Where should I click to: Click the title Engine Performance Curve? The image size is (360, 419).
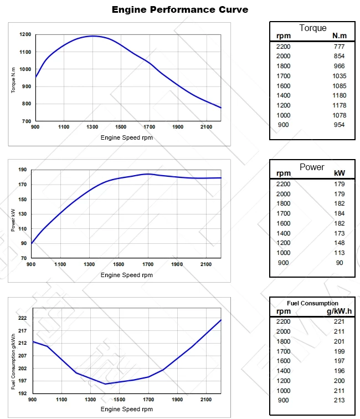point(179,9)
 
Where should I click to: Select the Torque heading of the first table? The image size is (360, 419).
point(312,28)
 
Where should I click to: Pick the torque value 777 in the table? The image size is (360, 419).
point(339,47)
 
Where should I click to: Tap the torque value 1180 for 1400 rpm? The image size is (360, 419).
point(339,95)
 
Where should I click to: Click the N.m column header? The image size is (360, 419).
point(339,36)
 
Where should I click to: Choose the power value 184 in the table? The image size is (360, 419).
point(339,213)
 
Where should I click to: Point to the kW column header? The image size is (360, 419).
point(339,173)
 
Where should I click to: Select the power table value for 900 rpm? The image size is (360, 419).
point(339,263)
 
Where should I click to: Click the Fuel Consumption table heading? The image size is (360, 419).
point(312,303)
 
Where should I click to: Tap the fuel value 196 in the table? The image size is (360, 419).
point(339,371)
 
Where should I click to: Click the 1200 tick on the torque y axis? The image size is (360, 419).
point(25,34)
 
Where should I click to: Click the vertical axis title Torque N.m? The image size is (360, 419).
point(14,78)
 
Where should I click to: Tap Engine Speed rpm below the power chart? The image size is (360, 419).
point(126,275)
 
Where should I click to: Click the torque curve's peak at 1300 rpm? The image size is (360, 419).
point(92,36)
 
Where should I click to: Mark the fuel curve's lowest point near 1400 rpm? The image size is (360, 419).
point(105,384)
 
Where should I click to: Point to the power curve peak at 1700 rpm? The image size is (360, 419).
point(148,174)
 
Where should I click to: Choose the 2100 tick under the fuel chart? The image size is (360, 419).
point(206,399)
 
